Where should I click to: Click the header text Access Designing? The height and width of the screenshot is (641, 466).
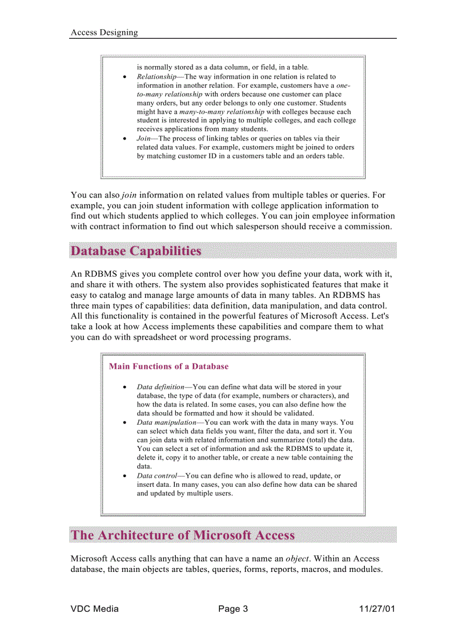[x=104, y=33]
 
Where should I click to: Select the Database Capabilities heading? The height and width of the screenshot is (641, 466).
[x=136, y=251]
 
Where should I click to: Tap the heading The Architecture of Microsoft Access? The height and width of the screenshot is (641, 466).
[x=183, y=535]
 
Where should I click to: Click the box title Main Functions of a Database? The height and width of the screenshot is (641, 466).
[x=168, y=366]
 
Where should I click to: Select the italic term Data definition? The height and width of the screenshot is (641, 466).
[x=160, y=387]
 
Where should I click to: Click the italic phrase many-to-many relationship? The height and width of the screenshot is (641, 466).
[x=222, y=112]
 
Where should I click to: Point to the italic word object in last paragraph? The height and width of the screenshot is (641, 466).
[x=297, y=559]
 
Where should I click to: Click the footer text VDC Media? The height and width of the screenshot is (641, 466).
[x=95, y=608]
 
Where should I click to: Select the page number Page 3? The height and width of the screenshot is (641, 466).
[x=233, y=608]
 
